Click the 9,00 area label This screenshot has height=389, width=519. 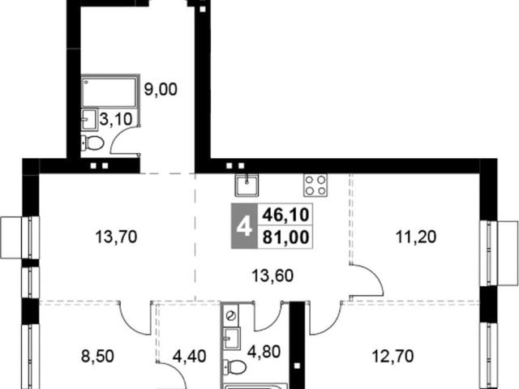tap(161, 89)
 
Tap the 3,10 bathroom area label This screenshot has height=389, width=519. tap(116, 119)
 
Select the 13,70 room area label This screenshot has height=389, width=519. tap(116, 237)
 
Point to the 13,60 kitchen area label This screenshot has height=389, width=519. tap(272, 276)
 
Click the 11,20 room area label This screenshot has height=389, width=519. tap(416, 237)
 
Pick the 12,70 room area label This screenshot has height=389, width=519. tap(392, 357)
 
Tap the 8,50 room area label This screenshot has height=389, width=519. tap(97, 357)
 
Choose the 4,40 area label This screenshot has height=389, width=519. tap(190, 357)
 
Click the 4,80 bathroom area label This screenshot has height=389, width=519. tap(264, 352)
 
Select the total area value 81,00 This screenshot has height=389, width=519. tap(285, 237)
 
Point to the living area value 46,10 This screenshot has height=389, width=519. tap(285, 215)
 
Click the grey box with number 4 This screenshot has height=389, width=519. tap(244, 226)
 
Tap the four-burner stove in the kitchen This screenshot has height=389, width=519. tap(315, 186)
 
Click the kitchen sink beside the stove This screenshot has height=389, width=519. tap(247, 186)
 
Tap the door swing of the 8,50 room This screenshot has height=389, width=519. tap(131, 322)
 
